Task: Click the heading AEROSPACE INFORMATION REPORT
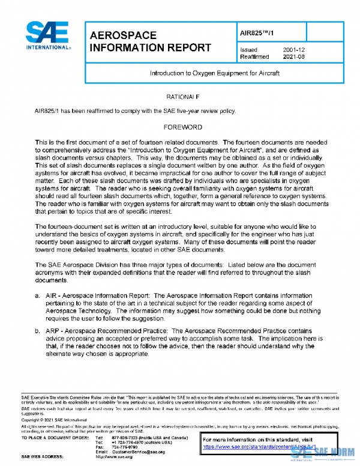click(149, 41)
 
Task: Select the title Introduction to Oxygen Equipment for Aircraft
click(215, 73)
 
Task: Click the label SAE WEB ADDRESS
click(45, 457)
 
